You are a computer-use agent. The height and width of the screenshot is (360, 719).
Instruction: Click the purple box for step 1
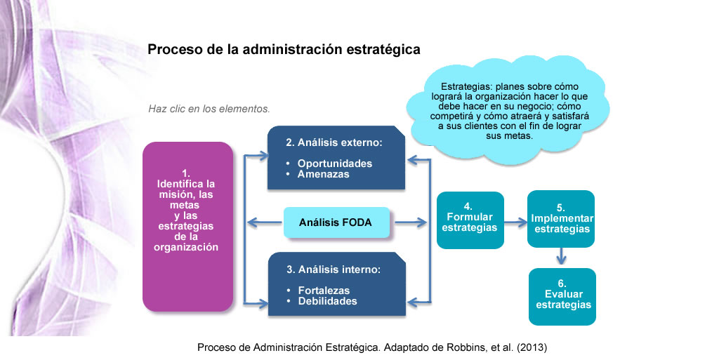[x=187, y=227]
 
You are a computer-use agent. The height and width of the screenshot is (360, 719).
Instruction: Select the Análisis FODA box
[x=336, y=222]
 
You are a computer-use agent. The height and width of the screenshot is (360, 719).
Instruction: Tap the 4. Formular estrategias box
[x=470, y=220]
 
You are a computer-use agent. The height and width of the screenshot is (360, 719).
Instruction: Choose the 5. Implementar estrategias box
[x=561, y=219]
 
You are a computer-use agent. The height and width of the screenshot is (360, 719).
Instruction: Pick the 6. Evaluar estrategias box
[x=562, y=297]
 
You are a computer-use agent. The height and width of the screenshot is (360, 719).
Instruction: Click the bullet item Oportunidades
[x=335, y=164]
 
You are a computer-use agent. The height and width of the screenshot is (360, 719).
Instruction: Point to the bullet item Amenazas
[x=323, y=174]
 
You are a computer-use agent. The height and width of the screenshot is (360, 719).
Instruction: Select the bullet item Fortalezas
[x=324, y=291]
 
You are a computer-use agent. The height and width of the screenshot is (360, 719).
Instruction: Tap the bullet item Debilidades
[x=327, y=301]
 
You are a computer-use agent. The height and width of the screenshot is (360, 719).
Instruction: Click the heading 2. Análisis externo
[x=334, y=142]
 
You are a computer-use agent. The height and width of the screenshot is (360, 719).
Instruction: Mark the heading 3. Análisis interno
[x=334, y=269]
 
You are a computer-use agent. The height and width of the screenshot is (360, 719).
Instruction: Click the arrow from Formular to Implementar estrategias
[x=516, y=222]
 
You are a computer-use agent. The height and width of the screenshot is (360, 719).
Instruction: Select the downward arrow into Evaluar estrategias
[x=561, y=256]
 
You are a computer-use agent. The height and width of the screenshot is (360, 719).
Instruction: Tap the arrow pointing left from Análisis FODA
[x=265, y=222]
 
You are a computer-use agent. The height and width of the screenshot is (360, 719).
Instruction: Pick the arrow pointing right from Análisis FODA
[x=410, y=222]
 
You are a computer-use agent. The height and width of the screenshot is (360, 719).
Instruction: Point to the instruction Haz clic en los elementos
[x=209, y=109]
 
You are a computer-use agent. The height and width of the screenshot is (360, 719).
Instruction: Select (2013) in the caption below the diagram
[x=532, y=347]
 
